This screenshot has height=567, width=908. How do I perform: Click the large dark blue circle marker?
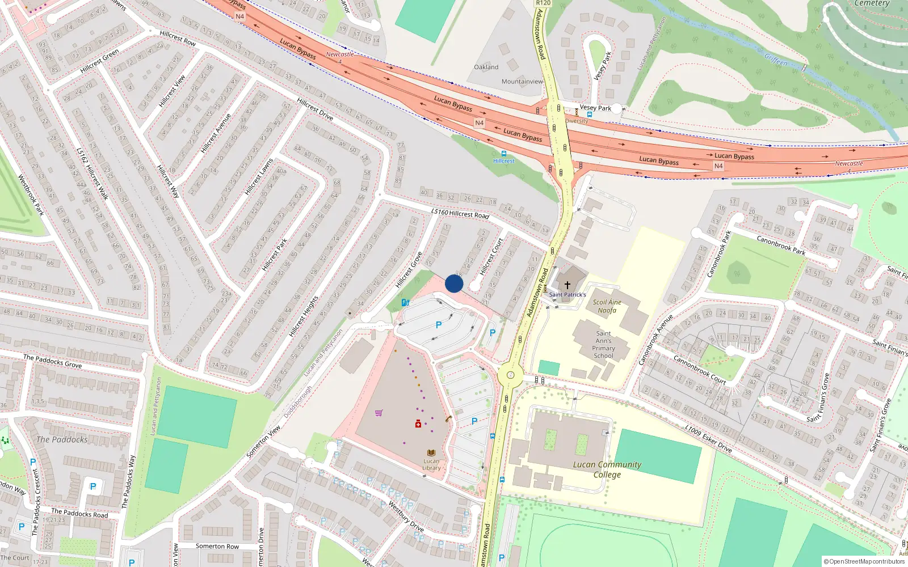pos(454,283)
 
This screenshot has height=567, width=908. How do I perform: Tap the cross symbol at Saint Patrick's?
pos(567,285)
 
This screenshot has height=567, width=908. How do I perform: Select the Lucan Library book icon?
pos(431,453)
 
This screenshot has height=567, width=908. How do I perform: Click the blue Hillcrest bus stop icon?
pos(503,154)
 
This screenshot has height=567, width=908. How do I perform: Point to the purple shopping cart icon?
pos(379,413)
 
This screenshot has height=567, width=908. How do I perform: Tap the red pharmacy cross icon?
pos(418,424)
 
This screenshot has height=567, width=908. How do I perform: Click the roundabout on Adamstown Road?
pos(510,374)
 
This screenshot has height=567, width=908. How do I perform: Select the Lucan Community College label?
pos(607,469)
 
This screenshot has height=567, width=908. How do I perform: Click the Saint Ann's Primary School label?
pos(603,345)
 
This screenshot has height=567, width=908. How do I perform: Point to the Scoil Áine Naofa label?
pos(607,306)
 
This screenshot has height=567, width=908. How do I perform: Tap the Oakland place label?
pos(486,67)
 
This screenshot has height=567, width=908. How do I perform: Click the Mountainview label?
pos(522,82)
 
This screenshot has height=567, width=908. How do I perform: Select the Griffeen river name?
pos(776,60)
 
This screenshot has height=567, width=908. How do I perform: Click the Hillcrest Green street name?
pos(100,61)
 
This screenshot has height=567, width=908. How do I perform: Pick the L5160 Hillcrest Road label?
pos(460,214)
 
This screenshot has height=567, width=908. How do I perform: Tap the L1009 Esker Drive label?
pos(708,439)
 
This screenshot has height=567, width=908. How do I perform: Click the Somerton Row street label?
pos(217,547)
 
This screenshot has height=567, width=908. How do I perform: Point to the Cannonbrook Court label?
pos(699,370)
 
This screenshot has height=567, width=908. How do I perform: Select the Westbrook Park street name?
pos(31,194)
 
